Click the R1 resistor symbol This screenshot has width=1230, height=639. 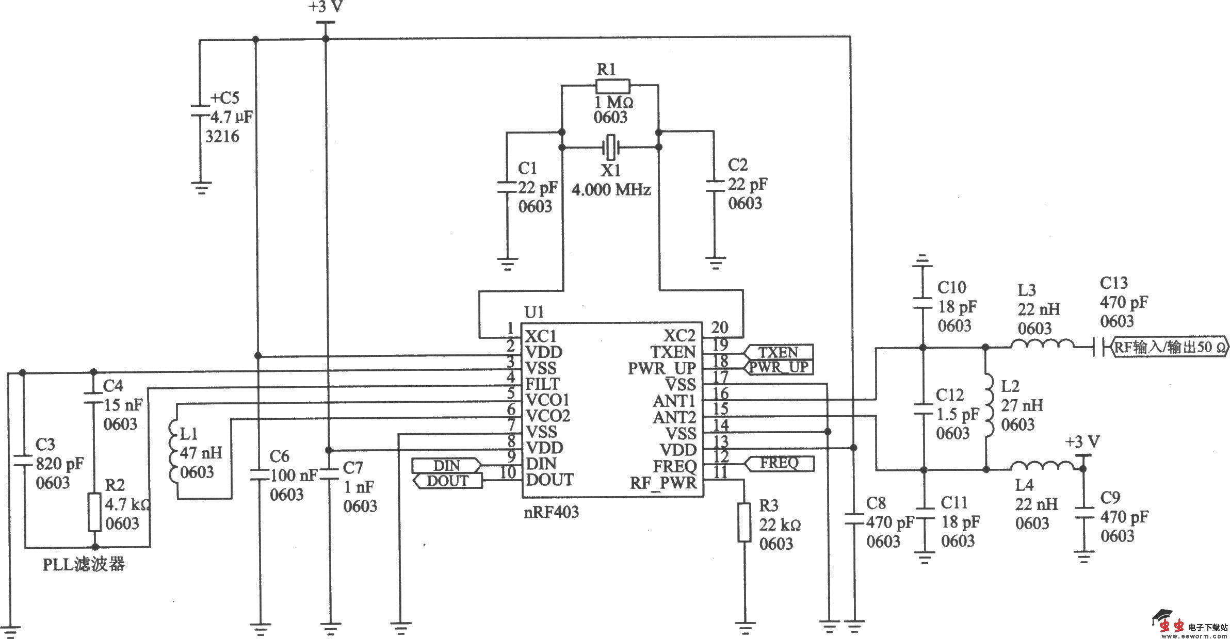[612, 86]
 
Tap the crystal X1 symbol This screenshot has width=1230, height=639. [611, 148]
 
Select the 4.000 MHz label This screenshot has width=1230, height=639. [611, 190]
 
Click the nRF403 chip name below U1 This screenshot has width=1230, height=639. [553, 512]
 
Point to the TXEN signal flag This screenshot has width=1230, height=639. [778, 352]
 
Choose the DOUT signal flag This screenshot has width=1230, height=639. [448, 481]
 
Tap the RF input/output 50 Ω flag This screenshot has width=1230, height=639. [1169, 347]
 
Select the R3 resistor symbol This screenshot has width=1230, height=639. [743, 522]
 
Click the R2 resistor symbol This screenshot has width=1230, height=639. [94, 512]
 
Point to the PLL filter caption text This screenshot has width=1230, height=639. [83, 564]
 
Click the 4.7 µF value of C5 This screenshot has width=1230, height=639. [231, 117]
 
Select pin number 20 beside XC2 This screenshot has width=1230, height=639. [719, 327]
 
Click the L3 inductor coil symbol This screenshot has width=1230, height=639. [1042, 345]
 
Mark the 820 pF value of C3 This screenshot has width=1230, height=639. [59, 464]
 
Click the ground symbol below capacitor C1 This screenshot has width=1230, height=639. [508, 264]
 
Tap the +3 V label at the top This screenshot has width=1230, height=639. [326, 7]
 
